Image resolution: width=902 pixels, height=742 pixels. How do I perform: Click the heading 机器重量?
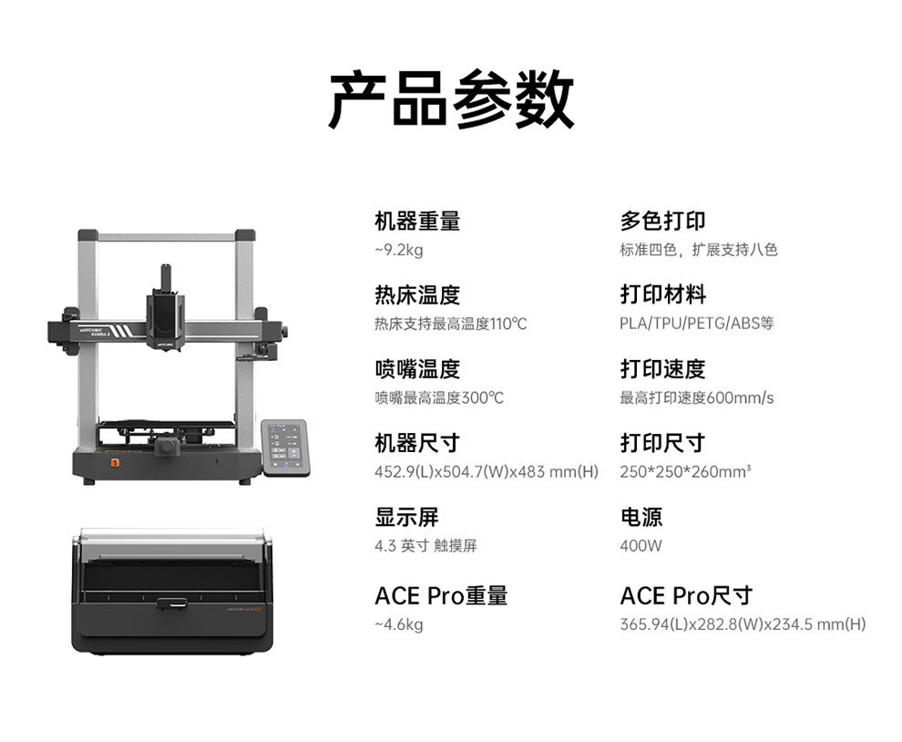pyautogui.click(x=417, y=221)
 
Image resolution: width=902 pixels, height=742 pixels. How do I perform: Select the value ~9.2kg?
pyautogui.click(x=398, y=250)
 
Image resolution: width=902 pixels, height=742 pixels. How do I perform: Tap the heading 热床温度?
pyautogui.click(x=417, y=294)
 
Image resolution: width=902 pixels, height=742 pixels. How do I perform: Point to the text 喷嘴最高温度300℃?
pyautogui.click(x=439, y=397)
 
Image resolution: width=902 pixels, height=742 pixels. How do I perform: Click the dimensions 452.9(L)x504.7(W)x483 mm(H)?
pyautogui.click(x=487, y=471)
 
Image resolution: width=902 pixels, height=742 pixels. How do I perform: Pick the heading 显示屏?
pyautogui.click(x=406, y=517)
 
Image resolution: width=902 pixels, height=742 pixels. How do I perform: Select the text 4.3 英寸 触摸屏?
pyautogui.click(x=425, y=546)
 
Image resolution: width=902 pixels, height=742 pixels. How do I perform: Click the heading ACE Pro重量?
pyautogui.click(x=441, y=595)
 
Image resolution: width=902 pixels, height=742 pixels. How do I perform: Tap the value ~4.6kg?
pyautogui.click(x=398, y=624)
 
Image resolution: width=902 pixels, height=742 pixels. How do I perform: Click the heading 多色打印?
pyautogui.click(x=662, y=221)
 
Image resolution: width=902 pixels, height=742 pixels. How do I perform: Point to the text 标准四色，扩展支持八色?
pyautogui.click(x=699, y=250)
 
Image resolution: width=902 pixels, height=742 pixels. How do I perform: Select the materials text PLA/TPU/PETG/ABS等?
pyautogui.click(x=697, y=324)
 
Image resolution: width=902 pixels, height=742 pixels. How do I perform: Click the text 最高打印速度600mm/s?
pyautogui.click(x=697, y=397)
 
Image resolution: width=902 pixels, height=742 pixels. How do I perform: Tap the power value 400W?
pyautogui.click(x=641, y=546)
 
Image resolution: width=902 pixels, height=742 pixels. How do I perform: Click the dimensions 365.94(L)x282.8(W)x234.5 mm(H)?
pyautogui.click(x=743, y=624)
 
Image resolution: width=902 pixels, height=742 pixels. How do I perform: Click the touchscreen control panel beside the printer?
pyautogui.click(x=285, y=447)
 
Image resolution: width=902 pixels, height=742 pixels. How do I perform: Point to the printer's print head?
pyautogui.click(x=166, y=314)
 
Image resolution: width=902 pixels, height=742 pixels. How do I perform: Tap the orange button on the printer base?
pyautogui.click(x=115, y=462)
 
